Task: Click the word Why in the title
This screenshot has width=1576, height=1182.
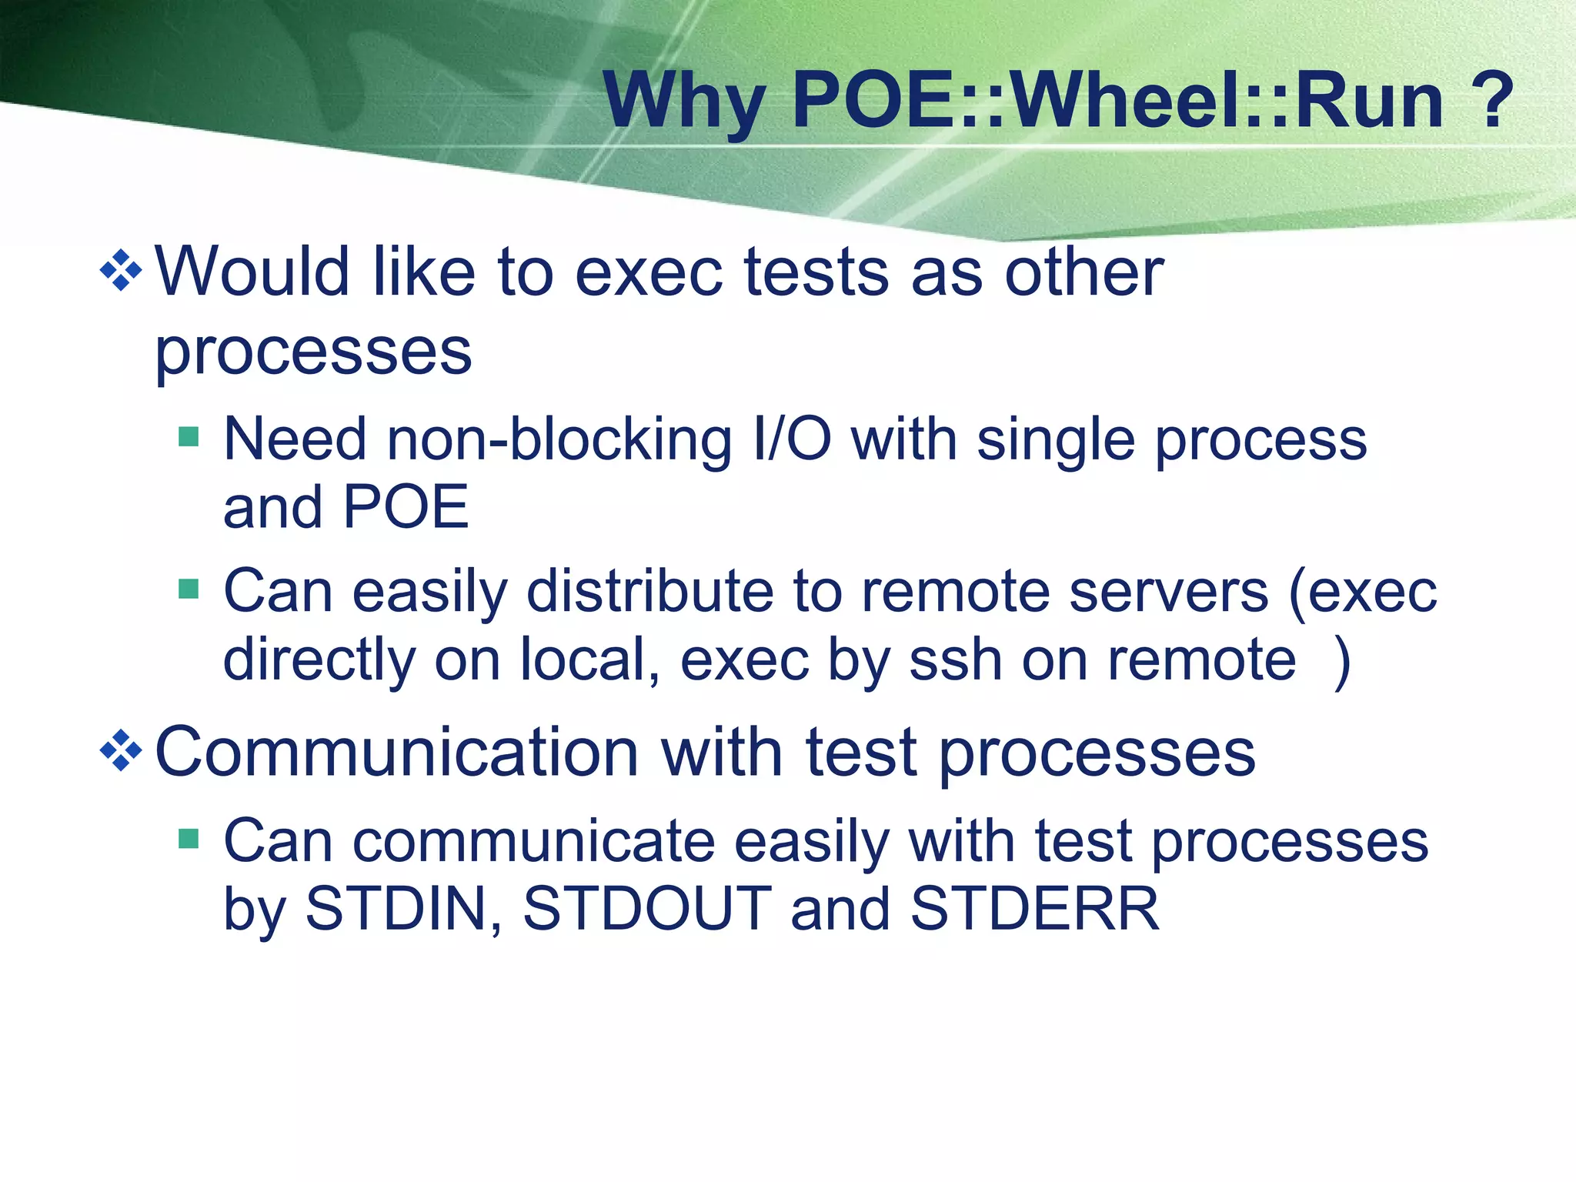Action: [x=684, y=102]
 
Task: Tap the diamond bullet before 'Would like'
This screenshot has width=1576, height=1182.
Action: [x=122, y=271]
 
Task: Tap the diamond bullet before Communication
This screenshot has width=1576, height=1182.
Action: [x=122, y=751]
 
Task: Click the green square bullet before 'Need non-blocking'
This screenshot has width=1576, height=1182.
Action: [x=189, y=437]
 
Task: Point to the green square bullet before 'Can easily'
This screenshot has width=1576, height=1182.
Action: [x=189, y=589]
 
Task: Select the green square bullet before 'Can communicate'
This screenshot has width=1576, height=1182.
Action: [x=189, y=838]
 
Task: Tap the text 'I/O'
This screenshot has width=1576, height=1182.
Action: [x=792, y=439]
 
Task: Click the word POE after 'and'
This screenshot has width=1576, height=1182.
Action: [x=405, y=507]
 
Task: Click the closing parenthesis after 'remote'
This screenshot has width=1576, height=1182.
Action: [x=1342, y=661]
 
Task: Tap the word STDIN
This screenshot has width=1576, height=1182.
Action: [x=403, y=909]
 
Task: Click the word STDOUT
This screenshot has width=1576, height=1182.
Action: [x=647, y=909]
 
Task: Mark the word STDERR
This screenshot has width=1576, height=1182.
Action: [x=1034, y=909]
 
